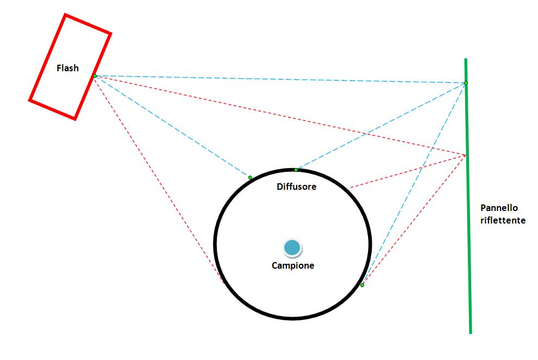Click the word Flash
[67, 68]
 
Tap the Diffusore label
[297, 187]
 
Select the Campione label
[293, 265]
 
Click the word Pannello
[499, 208]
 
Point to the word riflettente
[503, 220]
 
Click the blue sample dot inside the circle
[292, 248]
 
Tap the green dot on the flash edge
[95, 76]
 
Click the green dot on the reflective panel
[466, 83]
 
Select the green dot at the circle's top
[296, 170]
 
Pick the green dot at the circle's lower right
[362, 285]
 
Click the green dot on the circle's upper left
[250, 177]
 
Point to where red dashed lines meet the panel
[466, 155]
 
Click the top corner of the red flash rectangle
[65, 15]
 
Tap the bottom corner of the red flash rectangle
[75, 120]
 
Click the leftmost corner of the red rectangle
[29, 101]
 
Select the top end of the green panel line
[466, 59]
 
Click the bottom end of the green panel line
[471, 333]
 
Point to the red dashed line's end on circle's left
[224, 283]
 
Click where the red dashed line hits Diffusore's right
[350, 188]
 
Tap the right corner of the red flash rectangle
[111, 34]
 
